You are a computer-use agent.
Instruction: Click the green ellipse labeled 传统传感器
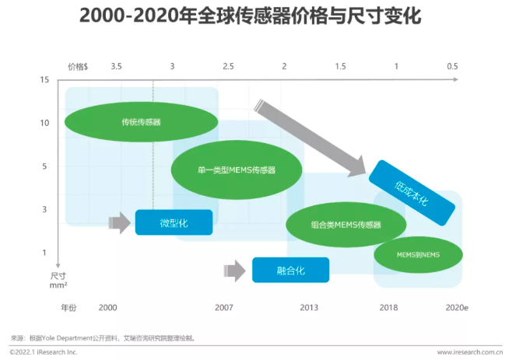point(142,122)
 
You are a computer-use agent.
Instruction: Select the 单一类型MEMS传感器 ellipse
point(237,170)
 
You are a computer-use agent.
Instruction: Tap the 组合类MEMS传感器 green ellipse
point(346,225)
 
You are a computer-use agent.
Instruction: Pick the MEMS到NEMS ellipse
point(419,254)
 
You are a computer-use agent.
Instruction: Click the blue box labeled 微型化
point(174,222)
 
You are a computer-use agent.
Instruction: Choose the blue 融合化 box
point(290,270)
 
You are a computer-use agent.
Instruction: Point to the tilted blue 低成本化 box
point(412,193)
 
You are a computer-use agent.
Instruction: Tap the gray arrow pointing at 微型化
point(120,222)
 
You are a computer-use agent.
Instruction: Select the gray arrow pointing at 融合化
point(235,271)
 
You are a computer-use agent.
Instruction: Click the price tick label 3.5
point(116,67)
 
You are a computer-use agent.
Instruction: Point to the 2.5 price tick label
point(228,67)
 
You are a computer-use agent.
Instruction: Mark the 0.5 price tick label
point(452,67)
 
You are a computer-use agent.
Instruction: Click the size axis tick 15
point(44,80)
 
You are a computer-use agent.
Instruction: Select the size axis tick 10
point(44,123)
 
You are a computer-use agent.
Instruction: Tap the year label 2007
point(224,308)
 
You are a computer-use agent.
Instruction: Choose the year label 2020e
point(457,308)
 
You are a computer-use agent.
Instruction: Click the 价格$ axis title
point(78,67)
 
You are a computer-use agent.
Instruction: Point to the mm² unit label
point(58,285)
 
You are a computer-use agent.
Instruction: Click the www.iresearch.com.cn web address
point(470,352)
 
